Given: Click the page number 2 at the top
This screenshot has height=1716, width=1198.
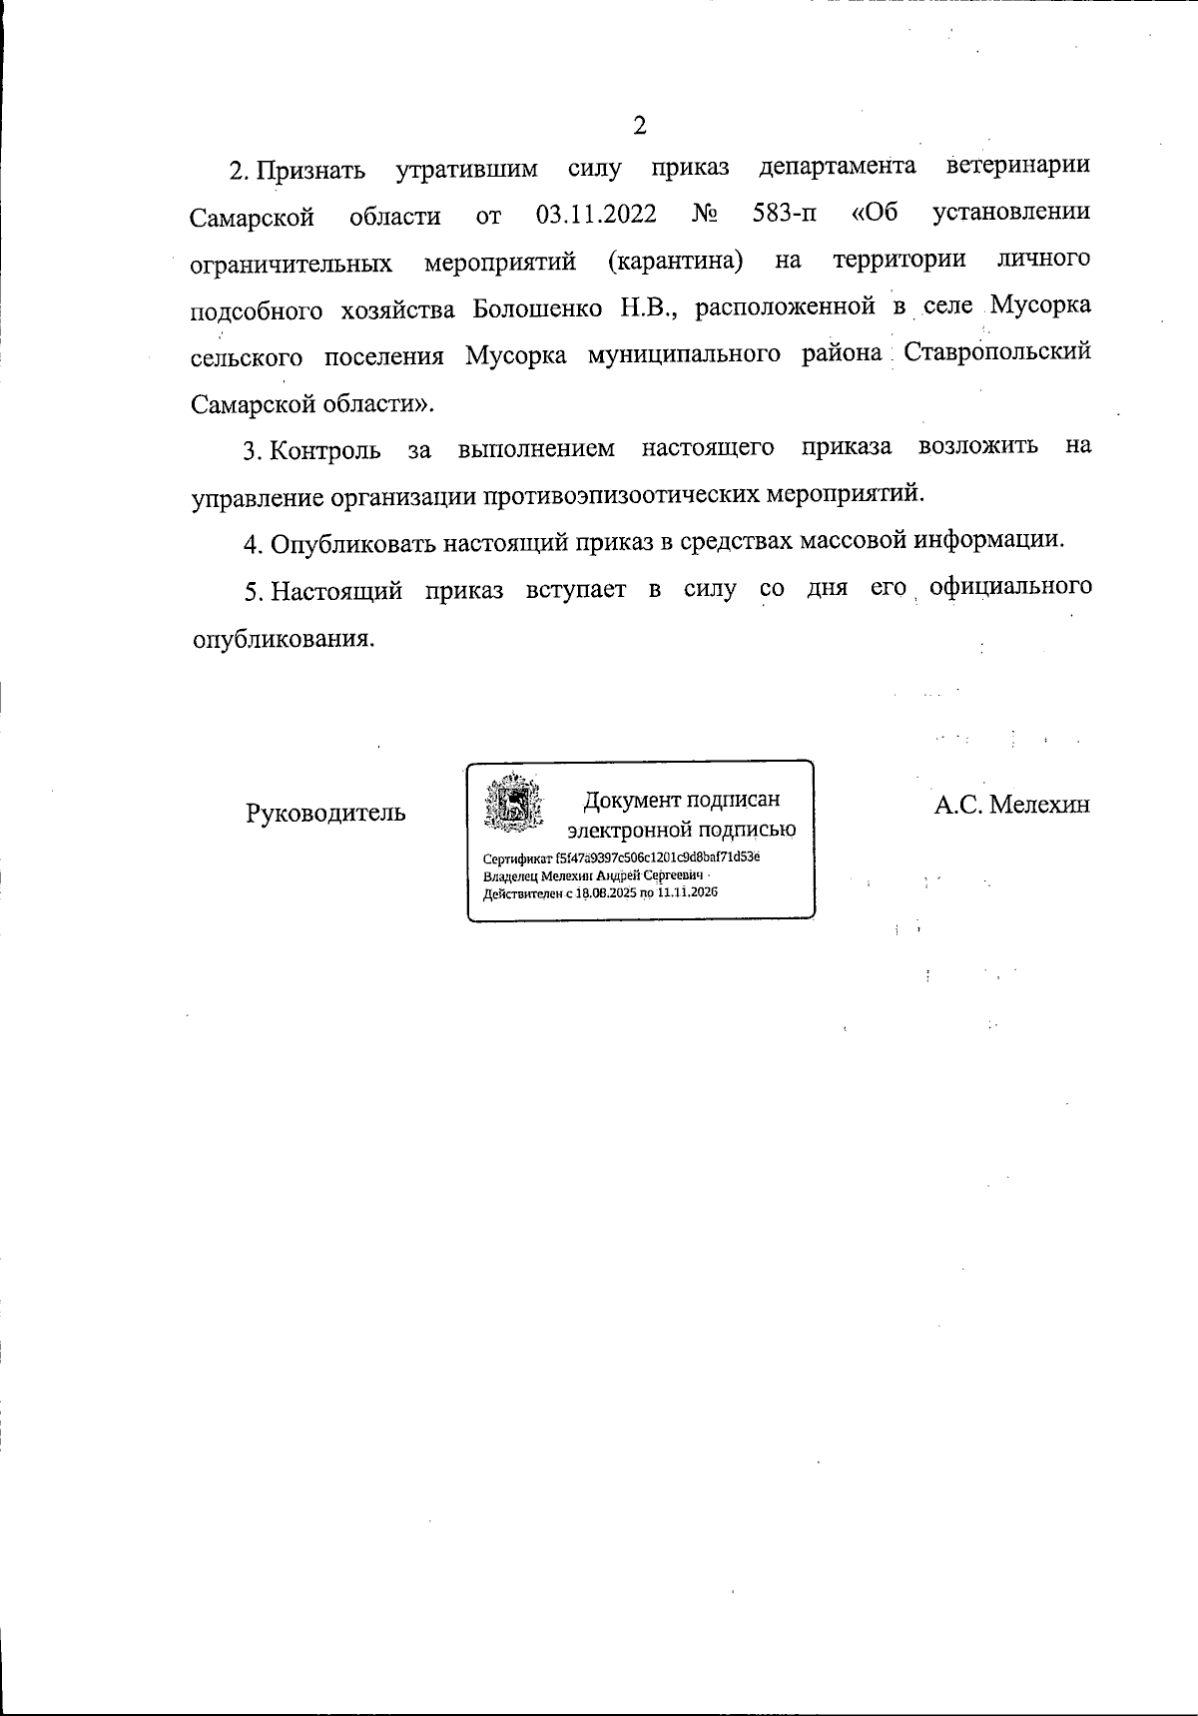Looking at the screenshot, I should pos(640,126).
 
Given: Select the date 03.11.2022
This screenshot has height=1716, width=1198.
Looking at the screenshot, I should pos(596,214).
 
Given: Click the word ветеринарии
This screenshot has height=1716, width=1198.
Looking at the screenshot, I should pos(1017,166).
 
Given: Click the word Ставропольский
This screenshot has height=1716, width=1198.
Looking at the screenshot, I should pos(996,353).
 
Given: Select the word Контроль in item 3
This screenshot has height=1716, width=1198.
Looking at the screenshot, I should pos(325,449).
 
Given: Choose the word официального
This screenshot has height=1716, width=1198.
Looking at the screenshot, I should pos(1009,587).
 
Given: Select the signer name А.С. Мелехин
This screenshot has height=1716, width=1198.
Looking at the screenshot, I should pos(1011,805).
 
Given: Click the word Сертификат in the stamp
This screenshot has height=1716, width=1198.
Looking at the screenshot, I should pos(510,858).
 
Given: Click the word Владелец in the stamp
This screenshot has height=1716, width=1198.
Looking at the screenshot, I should pos(509,875).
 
